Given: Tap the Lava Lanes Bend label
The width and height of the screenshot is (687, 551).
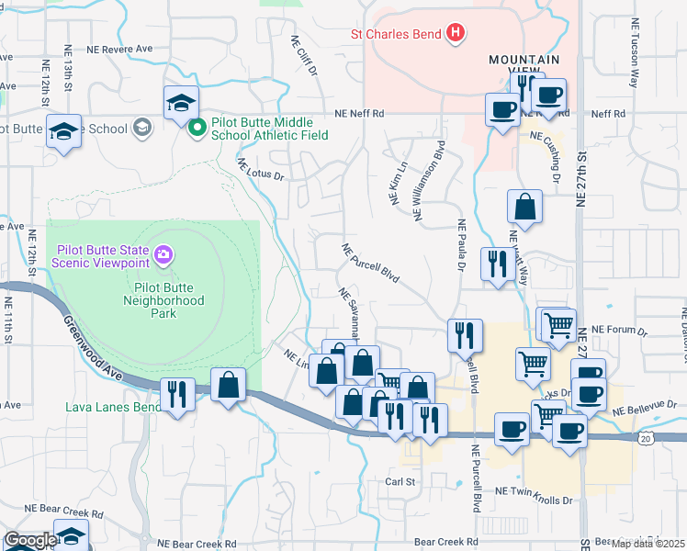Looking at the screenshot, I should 113,407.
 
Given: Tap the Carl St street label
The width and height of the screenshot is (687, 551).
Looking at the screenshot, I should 400,481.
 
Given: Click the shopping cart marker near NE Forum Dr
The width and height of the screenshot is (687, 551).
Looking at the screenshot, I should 557,323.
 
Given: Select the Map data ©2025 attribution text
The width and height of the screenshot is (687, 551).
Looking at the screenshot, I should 648,543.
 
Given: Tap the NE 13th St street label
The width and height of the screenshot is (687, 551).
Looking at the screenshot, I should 69,70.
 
